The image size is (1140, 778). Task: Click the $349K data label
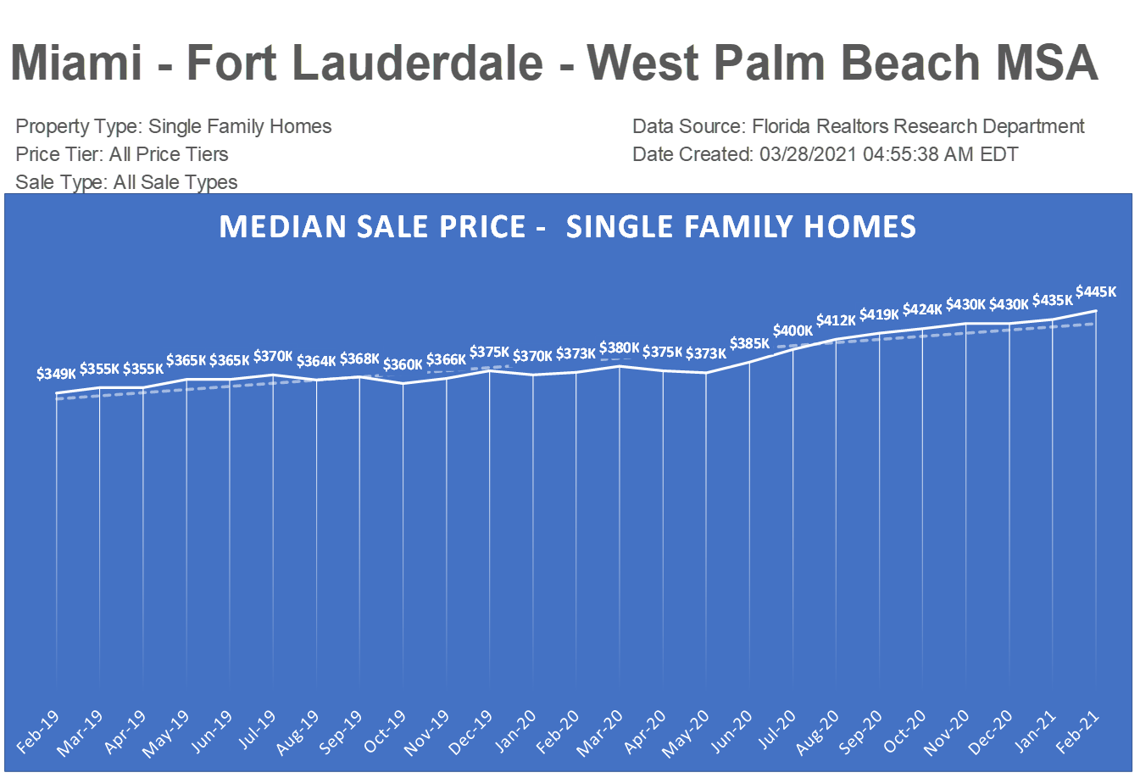[x=57, y=373]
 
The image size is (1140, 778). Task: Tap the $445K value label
[x=1096, y=292]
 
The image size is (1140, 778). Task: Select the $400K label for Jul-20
[x=792, y=331]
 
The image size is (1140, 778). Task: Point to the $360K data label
[x=403, y=364]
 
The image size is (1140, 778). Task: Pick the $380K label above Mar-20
[x=620, y=347]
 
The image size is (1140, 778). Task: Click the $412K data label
[x=837, y=320]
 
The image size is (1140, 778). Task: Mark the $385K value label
[x=749, y=343]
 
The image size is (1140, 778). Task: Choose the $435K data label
[x=1053, y=300]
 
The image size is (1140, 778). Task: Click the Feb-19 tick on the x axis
[x=39, y=731]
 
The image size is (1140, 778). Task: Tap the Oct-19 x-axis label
[x=386, y=731]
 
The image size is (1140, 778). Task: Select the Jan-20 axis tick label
[x=516, y=731]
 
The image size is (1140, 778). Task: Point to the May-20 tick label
[x=688, y=733]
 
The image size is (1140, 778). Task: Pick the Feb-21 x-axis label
[x=1079, y=731]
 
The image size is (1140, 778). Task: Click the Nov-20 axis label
[x=948, y=733]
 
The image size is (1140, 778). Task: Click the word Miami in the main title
[x=76, y=63]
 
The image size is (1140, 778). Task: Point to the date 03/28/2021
[x=808, y=154]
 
